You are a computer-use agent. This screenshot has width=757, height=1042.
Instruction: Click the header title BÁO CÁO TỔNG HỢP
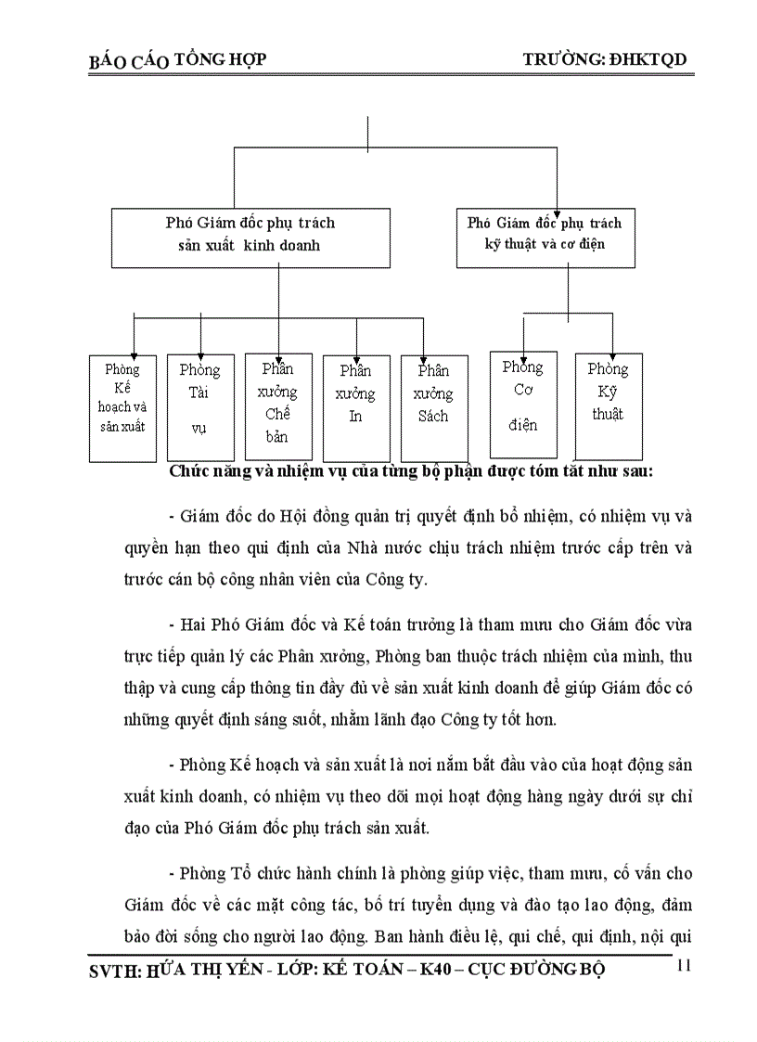177,60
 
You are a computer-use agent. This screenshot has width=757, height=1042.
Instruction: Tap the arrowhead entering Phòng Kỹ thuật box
611,348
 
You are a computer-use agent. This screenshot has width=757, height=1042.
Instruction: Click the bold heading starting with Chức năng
411,470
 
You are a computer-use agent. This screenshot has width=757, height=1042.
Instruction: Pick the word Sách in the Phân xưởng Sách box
433,416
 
